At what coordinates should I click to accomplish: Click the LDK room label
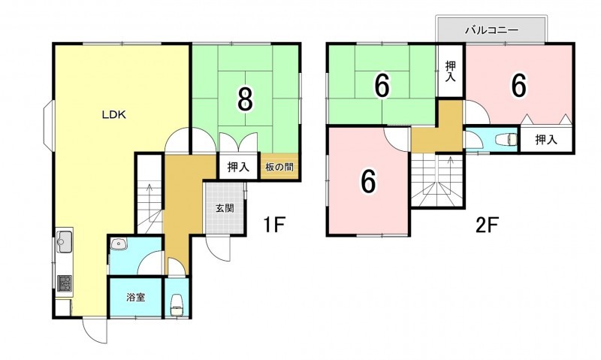tap(114, 115)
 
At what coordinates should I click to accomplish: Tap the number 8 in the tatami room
tap(246, 98)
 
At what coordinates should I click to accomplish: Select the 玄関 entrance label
tap(225, 209)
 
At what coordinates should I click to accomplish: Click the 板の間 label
tap(279, 167)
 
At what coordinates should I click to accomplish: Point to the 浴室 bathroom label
tap(136, 297)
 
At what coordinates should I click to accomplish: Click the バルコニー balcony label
tap(492, 30)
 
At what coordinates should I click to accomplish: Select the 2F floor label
tap(486, 225)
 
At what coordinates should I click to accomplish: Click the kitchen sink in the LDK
tap(65, 241)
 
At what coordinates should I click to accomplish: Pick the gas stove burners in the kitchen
tap(65, 283)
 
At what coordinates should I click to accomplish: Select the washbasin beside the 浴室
tap(119, 244)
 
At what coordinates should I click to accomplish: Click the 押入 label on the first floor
tap(238, 167)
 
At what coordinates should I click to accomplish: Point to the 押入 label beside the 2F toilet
tap(546, 140)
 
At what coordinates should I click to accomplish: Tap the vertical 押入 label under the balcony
tap(450, 71)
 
